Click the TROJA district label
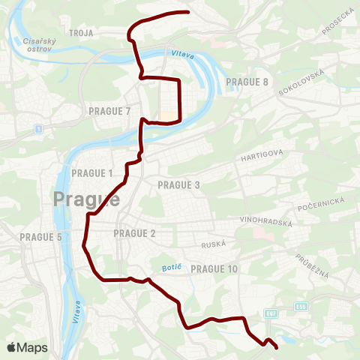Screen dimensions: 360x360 click(79, 33)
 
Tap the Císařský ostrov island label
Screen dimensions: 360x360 click(37, 45)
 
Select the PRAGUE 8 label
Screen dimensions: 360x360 click(247, 82)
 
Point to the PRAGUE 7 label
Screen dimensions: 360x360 click(109, 111)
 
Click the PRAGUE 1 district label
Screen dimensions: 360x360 click(92, 173)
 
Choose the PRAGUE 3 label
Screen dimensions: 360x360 click(179, 184)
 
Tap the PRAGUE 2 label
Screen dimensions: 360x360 click(135, 233)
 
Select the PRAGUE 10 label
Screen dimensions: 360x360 click(214, 268)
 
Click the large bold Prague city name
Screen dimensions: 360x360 click(87, 199)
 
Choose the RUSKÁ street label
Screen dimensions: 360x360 click(214, 244)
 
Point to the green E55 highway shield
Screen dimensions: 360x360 click(300, 306)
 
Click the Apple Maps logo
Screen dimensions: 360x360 click(27, 347)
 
